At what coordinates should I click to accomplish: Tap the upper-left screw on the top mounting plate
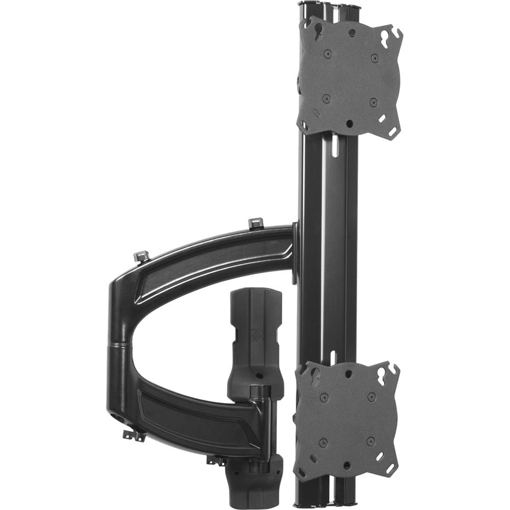coord(328,53)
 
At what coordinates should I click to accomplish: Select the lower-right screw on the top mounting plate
coord(373,102)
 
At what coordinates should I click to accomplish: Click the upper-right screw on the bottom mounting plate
coord(371,396)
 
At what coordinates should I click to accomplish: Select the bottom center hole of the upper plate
coord(349,123)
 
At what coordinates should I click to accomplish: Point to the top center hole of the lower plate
coord(348,374)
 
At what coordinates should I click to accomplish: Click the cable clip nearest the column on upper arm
coord(256,223)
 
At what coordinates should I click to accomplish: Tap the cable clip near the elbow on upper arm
coord(142,256)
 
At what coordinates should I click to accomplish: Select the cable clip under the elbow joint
coord(134,435)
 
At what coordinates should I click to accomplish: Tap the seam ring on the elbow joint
coord(119,345)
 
